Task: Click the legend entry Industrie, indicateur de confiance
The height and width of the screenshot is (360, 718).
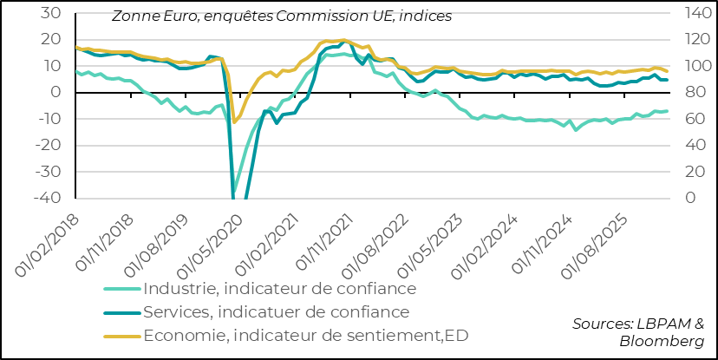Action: [x=280, y=288]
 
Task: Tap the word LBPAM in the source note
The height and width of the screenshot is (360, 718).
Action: [x=668, y=324]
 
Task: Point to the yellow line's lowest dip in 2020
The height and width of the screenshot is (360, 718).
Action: [x=233, y=122]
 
